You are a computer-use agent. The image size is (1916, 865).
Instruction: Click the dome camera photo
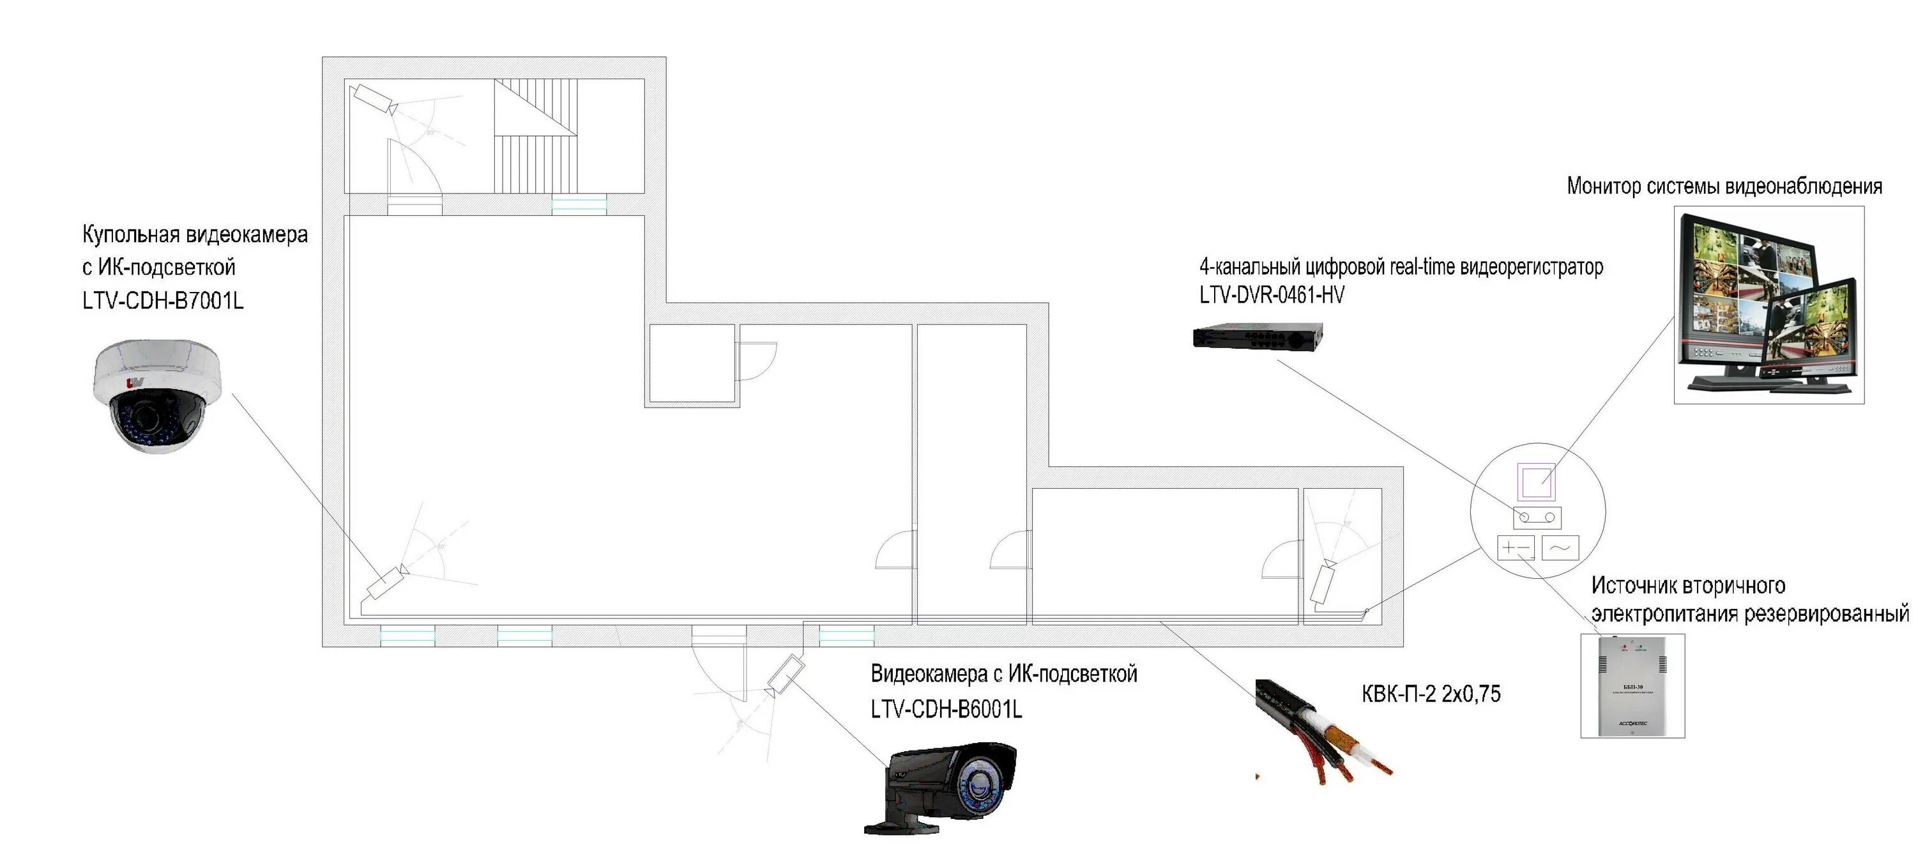click(x=158, y=395)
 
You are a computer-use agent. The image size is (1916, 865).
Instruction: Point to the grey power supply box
click(x=1632, y=685)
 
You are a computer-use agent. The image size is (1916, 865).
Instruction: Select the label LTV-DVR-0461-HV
click(x=1271, y=295)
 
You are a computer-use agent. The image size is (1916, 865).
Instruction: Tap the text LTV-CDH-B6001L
click(x=946, y=709)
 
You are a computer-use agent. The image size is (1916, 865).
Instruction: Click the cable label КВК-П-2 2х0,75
click(x=1431, y=694)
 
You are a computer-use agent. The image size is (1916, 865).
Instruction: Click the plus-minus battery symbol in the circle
click(x=1516, y=548)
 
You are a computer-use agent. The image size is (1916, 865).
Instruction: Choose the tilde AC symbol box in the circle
click(x=1560, y=548)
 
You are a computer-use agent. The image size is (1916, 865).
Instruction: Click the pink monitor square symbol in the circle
click(x=1537, y=481)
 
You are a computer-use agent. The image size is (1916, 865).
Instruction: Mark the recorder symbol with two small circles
click(x=1537, y=517)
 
